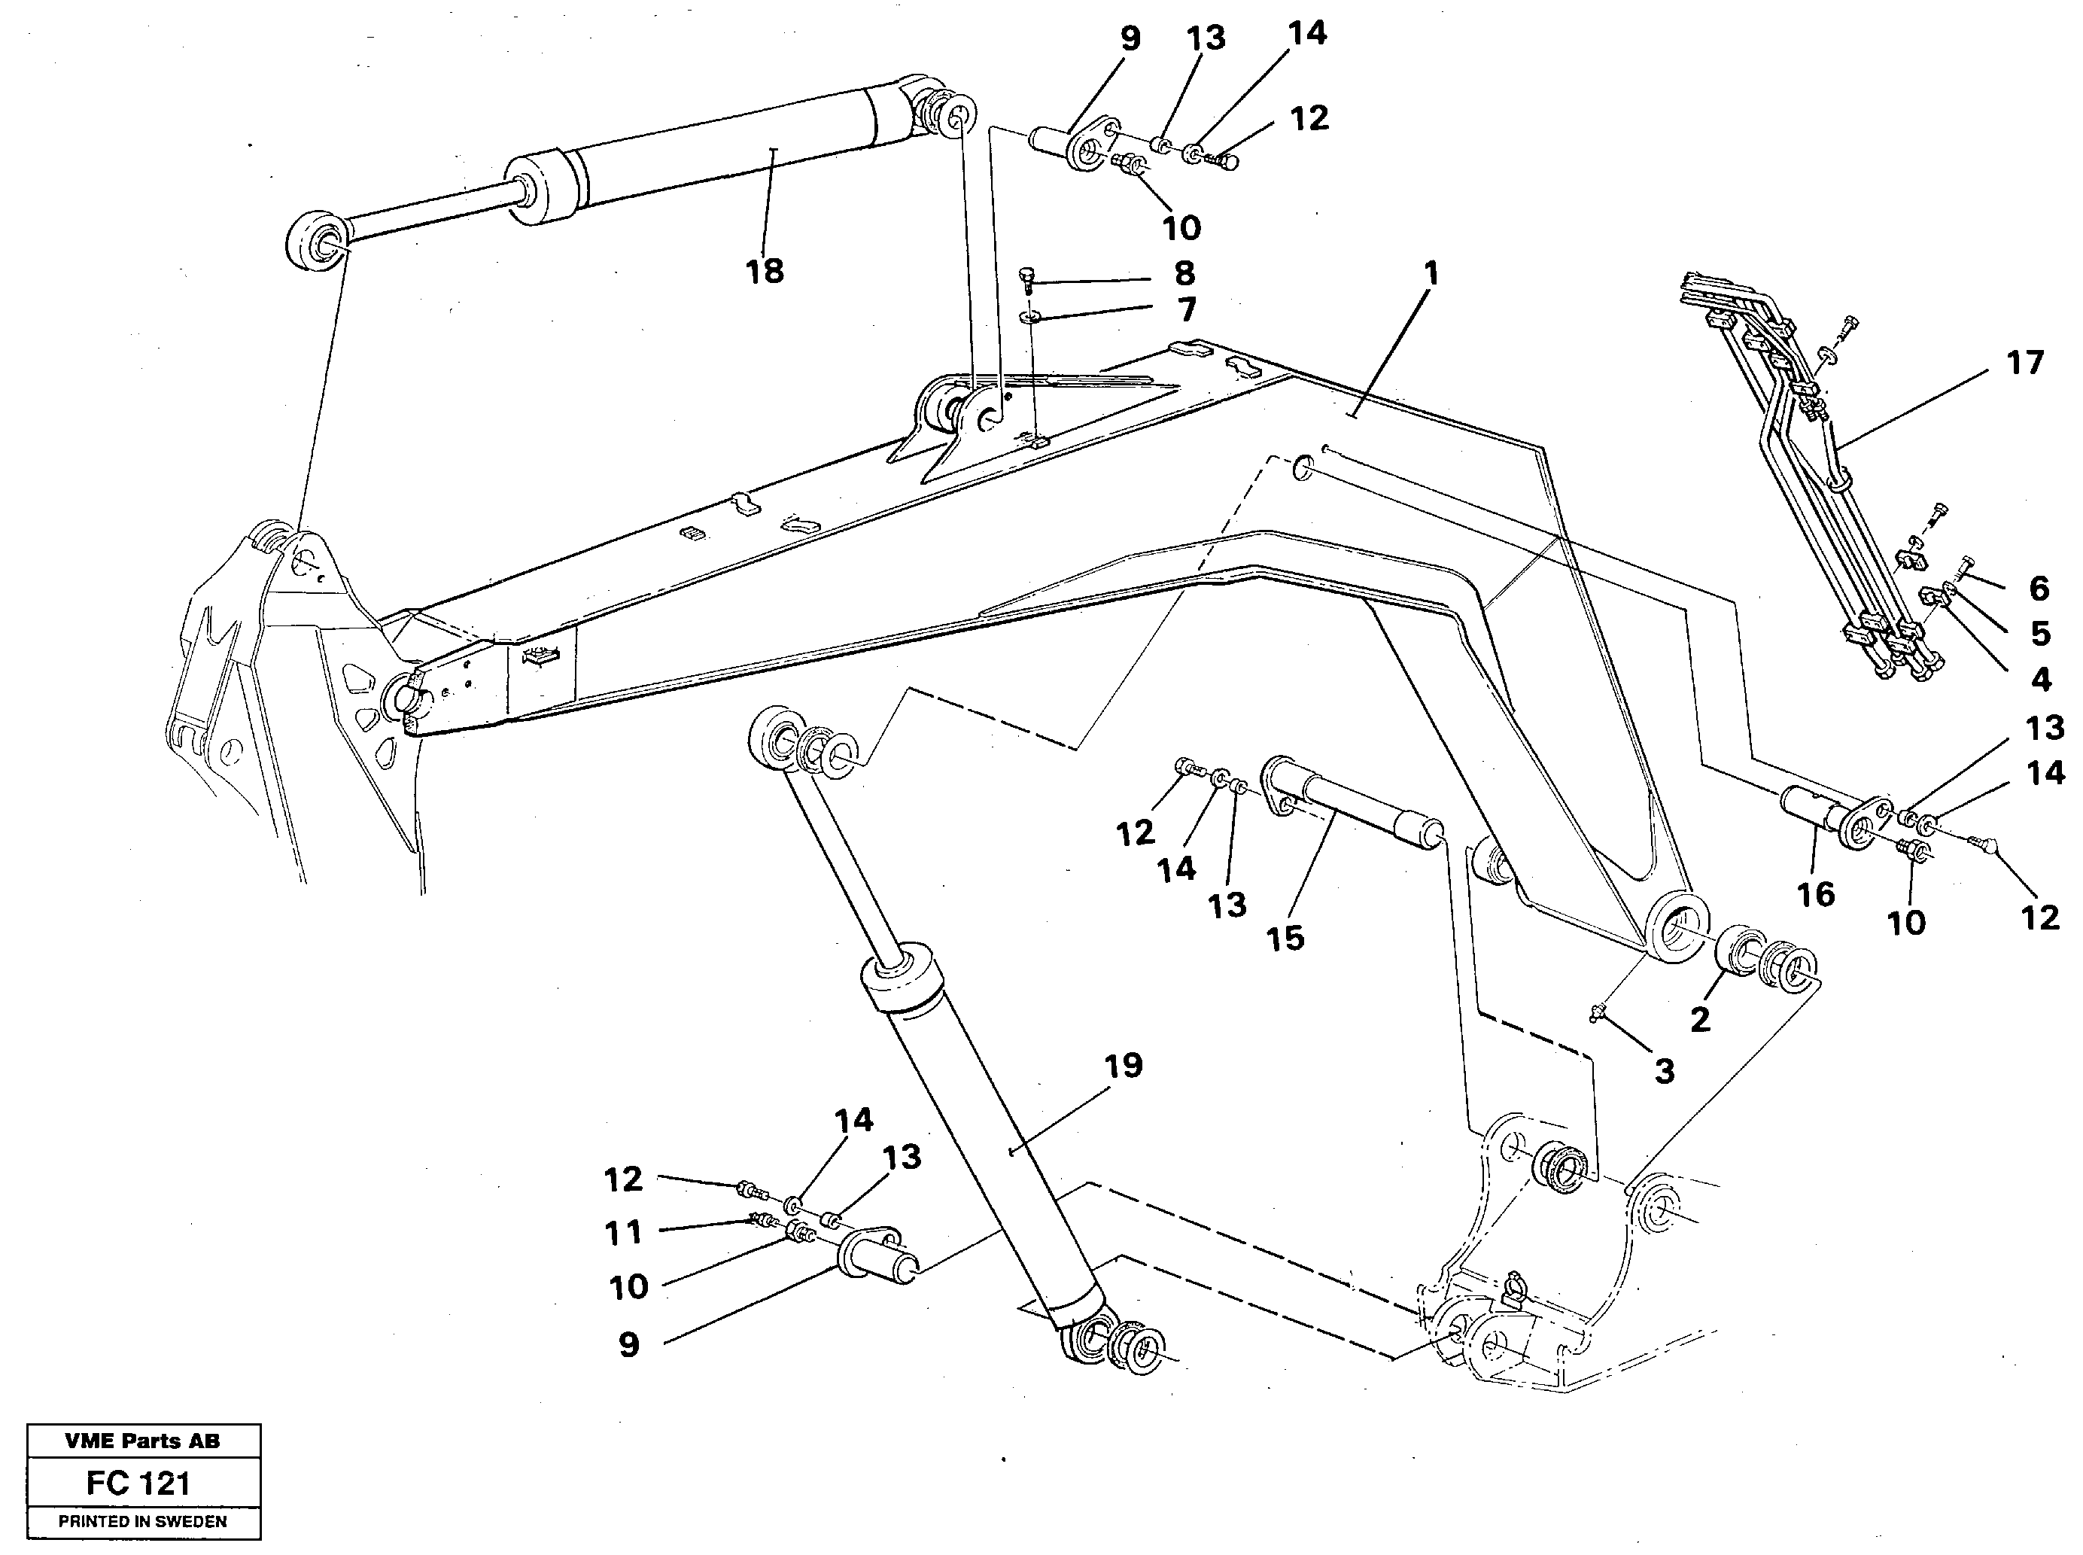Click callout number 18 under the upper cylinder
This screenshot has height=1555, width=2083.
coord(765,272)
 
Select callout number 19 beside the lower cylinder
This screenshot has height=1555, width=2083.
coord(1123,1067)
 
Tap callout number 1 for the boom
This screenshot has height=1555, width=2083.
coord(1431,275)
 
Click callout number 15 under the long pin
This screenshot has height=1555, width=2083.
coord(1286,938)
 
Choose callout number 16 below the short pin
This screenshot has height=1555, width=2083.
coord(1816,894)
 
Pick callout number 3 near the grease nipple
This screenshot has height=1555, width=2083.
coord(1664,1071)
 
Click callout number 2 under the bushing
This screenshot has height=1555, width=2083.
coord(1700,1019)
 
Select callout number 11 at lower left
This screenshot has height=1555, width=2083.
coord(623,1232)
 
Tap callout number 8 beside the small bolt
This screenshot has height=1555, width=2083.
coord(1184,274)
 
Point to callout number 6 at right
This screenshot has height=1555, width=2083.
coord(2039,589)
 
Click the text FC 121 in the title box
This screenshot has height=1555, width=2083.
coord(138,1483)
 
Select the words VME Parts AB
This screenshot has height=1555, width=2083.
coord(143,1441)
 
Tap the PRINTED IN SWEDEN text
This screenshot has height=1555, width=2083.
coord(143,1521)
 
